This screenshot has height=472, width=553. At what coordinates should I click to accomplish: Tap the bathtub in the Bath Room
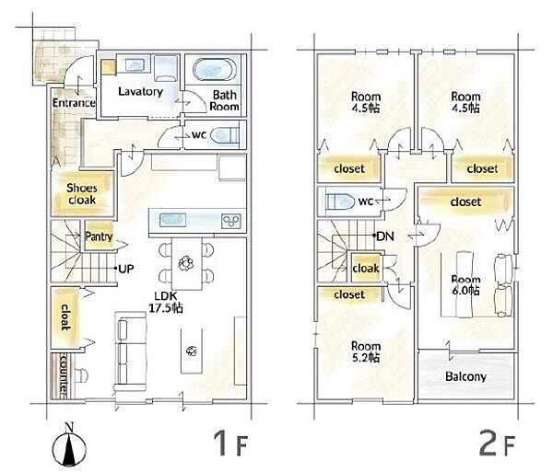(215, 70)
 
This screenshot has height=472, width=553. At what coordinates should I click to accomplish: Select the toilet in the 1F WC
(224, 135)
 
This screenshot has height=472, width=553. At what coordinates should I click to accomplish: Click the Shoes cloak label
(81, 194)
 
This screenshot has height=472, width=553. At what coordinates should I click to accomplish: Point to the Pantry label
(99, 236)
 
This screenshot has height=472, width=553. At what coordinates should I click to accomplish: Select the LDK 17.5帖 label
(165, 303)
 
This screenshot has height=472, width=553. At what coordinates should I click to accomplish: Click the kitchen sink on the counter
(173, 220)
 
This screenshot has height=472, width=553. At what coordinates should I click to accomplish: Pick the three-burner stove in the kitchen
(231, 221)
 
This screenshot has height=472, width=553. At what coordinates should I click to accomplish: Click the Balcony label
(465, 377)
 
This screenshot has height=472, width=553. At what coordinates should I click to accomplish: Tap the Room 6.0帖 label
(465, 285)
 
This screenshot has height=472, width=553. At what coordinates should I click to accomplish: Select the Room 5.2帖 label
(366, 352)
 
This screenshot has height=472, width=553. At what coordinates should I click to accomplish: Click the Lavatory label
(140, 91)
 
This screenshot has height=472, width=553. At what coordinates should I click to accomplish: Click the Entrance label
(74, 103)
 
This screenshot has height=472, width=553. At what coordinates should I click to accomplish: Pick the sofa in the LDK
(130, 351)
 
